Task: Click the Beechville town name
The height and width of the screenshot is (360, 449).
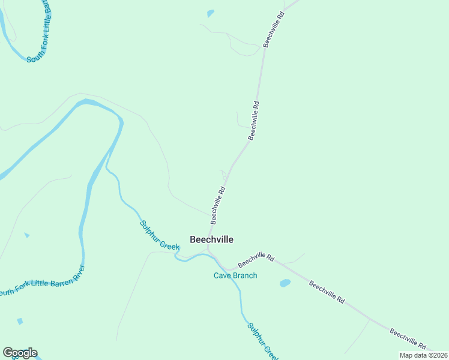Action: [x=211, y=239]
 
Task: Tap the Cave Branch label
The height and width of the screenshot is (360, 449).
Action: [x=235, y=276]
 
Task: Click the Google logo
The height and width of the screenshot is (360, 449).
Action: [x=20, y=353]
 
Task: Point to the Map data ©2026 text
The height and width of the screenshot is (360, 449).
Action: [x=423, y=355]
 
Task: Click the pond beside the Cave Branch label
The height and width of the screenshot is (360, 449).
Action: [x=285, y=283]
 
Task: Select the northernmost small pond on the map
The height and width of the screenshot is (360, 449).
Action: [x=210, y=13]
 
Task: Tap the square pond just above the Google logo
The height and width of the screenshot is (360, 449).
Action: [x=20, y=322]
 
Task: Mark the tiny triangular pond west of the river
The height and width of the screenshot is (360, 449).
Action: [x=26, y=235]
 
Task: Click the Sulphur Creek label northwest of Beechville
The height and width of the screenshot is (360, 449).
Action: [x=160, y=235]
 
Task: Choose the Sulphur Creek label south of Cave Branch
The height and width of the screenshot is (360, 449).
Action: [x=263, y=341]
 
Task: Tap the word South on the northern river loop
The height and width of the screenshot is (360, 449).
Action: [x=35, y=59]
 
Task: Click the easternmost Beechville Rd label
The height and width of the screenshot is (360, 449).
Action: [x=408, y=340]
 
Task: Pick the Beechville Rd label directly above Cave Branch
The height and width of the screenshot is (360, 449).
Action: [x=256, y=260]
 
